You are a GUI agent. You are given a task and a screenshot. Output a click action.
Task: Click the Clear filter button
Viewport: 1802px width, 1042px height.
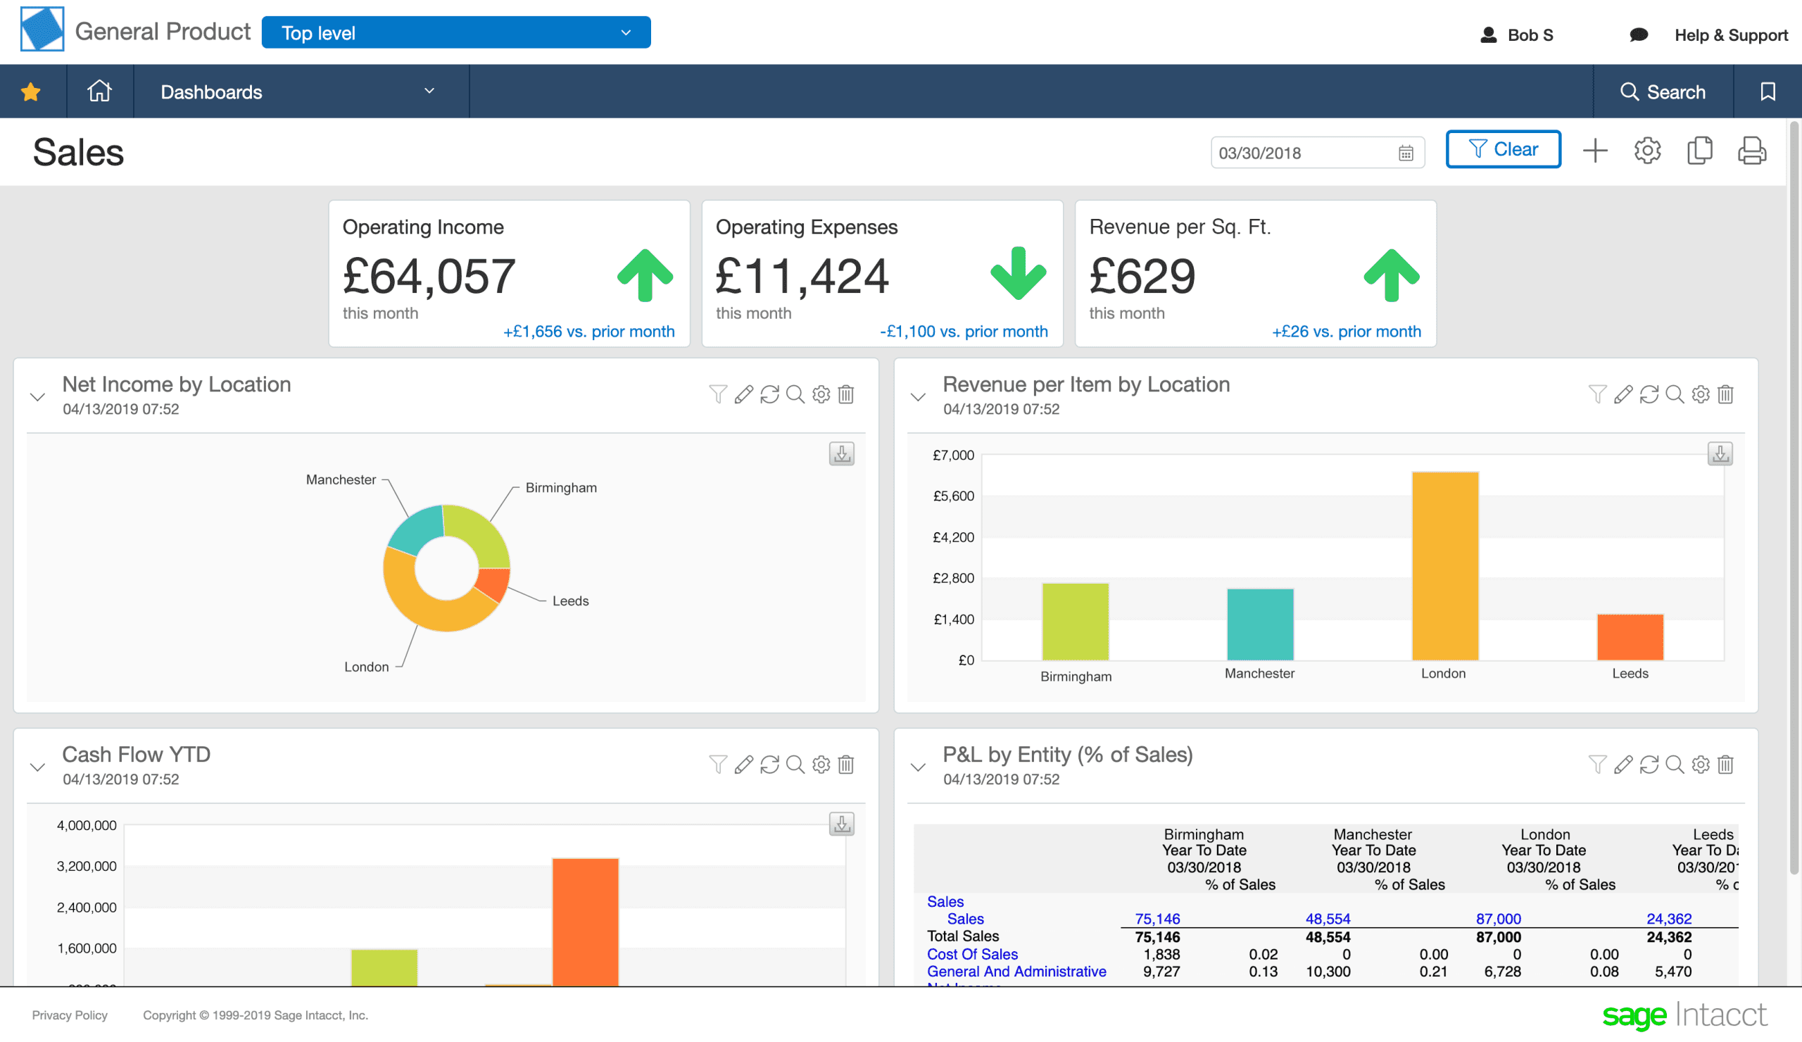point(1502,149)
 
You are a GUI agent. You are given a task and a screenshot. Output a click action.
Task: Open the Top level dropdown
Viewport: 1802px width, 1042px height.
point(455,33)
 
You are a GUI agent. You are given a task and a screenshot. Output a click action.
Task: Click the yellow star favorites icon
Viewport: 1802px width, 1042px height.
point(31,92)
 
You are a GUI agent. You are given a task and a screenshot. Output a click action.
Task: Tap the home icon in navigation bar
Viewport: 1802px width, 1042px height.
point(99,91)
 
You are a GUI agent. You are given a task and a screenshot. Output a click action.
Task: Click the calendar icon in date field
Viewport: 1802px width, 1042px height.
point(1405,153)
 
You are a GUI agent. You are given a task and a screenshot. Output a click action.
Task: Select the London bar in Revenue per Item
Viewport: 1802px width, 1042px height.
point(1444,565)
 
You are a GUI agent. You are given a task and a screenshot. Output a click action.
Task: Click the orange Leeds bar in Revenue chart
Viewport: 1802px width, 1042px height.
point(1630,636)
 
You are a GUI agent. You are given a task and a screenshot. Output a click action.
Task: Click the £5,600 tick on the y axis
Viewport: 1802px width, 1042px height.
point(953,496)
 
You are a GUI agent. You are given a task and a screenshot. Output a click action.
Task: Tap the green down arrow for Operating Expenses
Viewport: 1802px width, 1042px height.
point(1018,274)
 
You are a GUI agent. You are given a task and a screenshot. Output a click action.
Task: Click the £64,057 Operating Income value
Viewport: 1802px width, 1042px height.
point(429,276)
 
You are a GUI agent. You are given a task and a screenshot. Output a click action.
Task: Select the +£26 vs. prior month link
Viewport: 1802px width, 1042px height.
point(1346,331)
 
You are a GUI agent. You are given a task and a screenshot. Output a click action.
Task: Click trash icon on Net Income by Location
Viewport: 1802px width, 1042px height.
point(846,394)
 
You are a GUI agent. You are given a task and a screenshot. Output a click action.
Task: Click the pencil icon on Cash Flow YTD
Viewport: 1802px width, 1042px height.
point(744,765)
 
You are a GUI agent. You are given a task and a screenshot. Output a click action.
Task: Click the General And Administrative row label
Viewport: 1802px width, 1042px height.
point(1016,971)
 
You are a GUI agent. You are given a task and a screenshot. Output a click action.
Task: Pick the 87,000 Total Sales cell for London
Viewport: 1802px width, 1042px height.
point(1498,937)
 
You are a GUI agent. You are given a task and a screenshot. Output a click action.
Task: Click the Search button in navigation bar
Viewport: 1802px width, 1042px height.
point(1663,92)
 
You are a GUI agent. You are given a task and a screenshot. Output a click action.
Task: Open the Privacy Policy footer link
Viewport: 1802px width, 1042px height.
point(70,1015)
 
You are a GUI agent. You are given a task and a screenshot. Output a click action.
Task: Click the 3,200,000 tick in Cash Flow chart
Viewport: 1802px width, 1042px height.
point(87,866)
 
